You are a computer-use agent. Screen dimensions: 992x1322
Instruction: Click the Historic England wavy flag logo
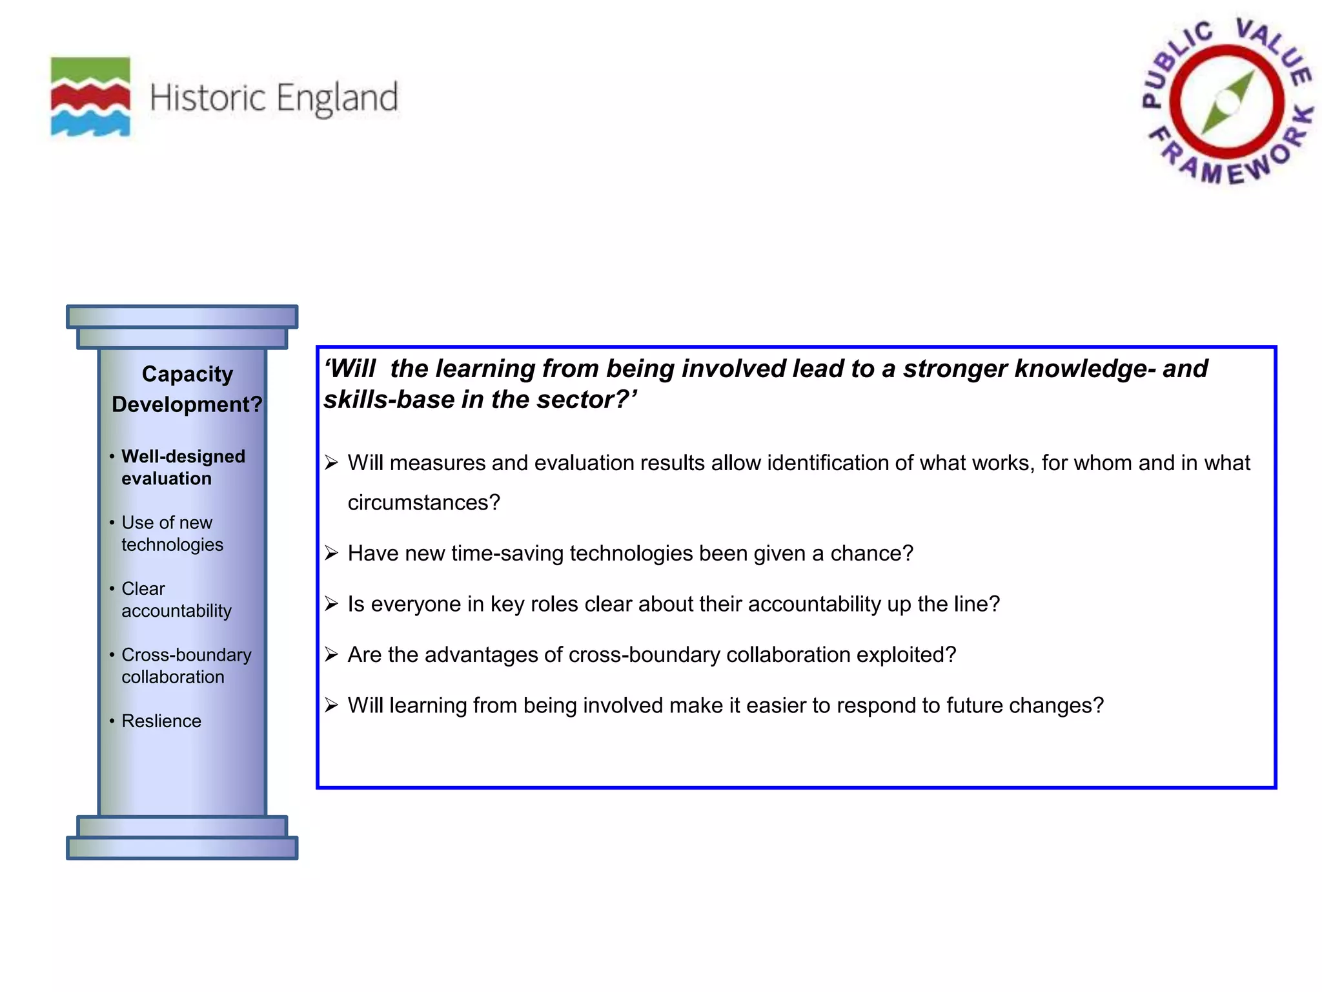pos(90,97)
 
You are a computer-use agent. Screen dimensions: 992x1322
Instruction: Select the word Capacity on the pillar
pos(187,374)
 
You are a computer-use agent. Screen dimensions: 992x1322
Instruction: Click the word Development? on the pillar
pos(187,404)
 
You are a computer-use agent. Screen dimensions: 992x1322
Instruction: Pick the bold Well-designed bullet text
pos(183,457)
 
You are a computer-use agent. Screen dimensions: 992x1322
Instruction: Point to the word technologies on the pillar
pos(172,544)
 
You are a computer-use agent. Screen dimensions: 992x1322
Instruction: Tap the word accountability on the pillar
pos(176,611)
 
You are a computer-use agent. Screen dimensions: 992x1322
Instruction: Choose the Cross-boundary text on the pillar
pos(187,655)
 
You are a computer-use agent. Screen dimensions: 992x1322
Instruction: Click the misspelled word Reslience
pos(161,721)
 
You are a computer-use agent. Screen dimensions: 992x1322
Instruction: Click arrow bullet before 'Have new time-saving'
pos(331,553)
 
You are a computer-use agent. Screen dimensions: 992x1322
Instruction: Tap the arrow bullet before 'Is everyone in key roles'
pos(331,604)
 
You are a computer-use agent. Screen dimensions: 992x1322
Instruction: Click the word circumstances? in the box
pos(424,502)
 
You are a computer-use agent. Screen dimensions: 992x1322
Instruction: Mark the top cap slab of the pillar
pos(182,316)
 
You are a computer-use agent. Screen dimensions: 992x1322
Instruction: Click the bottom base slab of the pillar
pos(182,848)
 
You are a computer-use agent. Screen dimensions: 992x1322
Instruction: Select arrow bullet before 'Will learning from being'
pos(331,705)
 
